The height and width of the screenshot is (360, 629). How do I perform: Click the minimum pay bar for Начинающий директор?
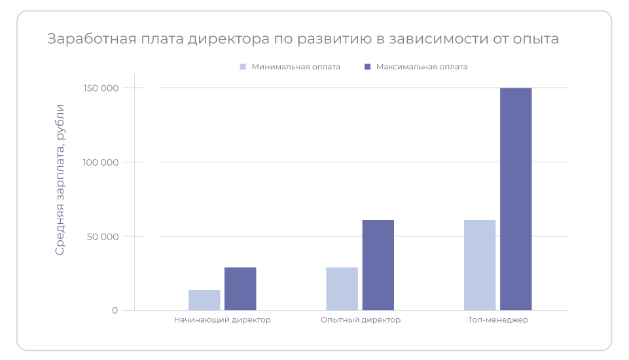tap(204, 300)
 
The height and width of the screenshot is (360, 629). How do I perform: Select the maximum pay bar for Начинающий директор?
tap(240, 289)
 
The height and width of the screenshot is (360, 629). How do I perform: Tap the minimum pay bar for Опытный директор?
tap(342, 289)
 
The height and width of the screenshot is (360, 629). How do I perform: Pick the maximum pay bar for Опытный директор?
tap(378, 265)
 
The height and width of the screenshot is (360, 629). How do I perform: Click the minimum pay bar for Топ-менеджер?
tap(480, 265)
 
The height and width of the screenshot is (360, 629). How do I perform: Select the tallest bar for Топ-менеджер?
tap(516, 199)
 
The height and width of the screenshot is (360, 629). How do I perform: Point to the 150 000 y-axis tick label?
tap(101, 88)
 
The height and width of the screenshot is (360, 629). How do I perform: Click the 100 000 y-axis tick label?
tap(101, 162)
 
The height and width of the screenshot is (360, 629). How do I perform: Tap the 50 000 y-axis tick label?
tap(103, 236)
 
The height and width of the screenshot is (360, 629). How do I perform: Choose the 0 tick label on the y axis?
tap(115, 310)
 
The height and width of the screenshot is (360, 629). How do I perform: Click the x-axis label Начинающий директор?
tap(223, 320)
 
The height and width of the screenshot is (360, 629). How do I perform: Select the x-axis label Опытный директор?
tap(361, 320)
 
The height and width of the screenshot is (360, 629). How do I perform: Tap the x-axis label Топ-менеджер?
tap(498, 320)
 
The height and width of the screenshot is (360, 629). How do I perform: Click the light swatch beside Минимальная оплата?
tap(243, 67)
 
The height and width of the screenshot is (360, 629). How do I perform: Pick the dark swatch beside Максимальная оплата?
tap(367, 67)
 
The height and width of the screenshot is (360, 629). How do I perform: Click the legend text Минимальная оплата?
tap(296, 67)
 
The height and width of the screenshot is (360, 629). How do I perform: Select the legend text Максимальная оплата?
tap(422, 67)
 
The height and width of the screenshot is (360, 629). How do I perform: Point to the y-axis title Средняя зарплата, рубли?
tap(60, 179)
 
